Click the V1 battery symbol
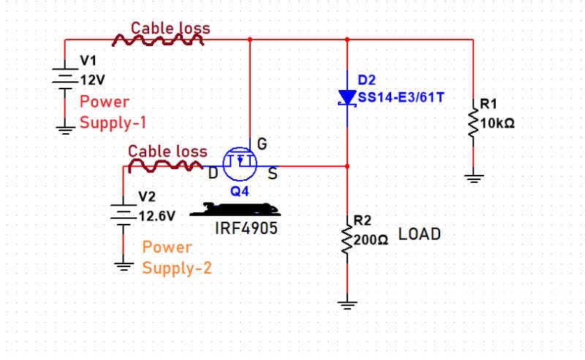click(x=65, y=78)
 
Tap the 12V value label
click(x=92, y=80)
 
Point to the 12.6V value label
click(x=156, y=216)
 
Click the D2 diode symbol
click(x=347, y=97)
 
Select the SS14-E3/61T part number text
click(x=400, y=97)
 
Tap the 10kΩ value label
click(x=497, y=123)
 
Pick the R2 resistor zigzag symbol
click(x=347, y=238)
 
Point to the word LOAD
click(x=420, y=235)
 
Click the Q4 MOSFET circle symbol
click(x=240, y=163)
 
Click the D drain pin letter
click(x=213, y=173)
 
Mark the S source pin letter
click(x=271, y=173)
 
